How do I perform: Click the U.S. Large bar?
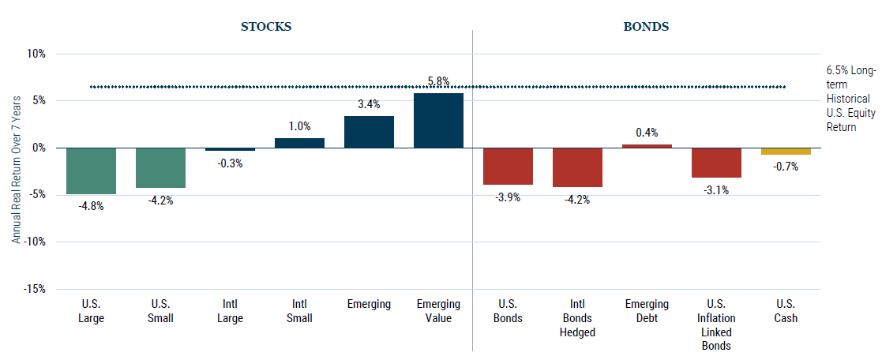point(91,171)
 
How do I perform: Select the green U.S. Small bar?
point(160,167)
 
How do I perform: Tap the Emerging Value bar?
point(438,120)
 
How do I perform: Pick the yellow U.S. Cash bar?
point(786,151)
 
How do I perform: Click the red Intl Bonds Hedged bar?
point(577,167)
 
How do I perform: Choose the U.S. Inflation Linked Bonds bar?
point(716,163)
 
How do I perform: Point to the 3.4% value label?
point(369,104)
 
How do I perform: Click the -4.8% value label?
point(91,206)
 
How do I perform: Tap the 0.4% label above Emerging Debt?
point(647,133)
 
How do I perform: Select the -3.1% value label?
point(716,190)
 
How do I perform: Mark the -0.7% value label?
point(786,167)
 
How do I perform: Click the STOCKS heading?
point(266,26)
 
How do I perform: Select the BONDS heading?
point(646,26)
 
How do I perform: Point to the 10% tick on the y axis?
point(36,54)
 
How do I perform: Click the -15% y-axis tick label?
point(35,289)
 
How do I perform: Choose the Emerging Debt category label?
point(647,311)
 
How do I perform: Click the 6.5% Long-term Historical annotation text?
point(845,99)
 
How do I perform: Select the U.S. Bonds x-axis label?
point(508,311)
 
